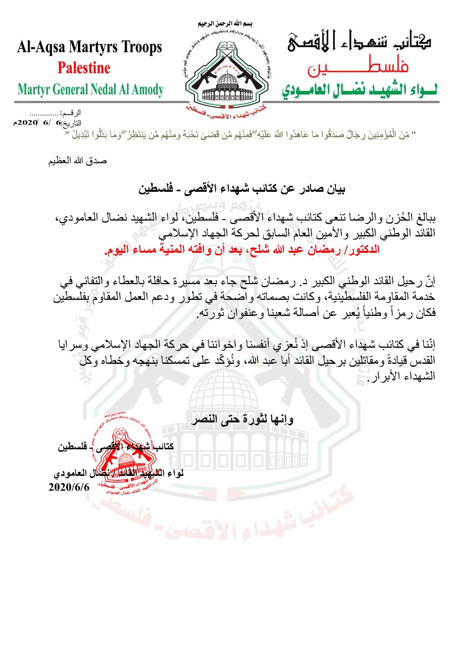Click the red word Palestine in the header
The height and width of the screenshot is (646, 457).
[84, 67]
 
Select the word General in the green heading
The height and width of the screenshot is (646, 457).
[74, 90]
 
